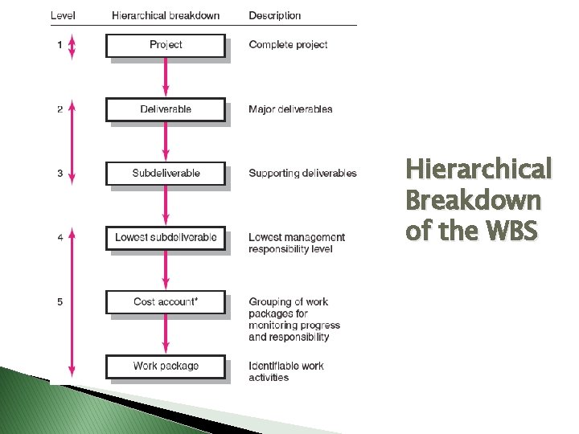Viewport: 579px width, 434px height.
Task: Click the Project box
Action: tap(166, 45)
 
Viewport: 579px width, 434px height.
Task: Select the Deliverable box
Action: tap(166, 109)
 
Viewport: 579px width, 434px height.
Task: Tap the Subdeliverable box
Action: tap(166, 174)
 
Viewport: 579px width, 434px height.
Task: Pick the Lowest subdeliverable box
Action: tap(166, 238)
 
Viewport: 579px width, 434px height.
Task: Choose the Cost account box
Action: tap(166, 302)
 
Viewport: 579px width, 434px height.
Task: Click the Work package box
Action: tap(166, 366)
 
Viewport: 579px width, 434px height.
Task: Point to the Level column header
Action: tap(64, 15)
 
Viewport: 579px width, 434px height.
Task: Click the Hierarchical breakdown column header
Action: tap(166, 15)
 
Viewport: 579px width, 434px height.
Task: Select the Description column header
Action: tap(275, 15)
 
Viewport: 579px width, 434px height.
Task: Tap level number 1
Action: tap(60, 45)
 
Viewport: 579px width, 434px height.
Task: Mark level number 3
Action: tap(60, 174)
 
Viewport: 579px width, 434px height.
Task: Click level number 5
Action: tap(60, 302)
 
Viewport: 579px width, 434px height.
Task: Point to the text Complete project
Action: tap(288, 45)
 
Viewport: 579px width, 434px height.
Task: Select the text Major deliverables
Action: tap(290, 109)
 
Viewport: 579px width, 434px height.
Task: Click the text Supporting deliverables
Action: tap(302, 174)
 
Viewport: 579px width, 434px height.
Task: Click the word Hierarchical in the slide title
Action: tap(478, 170)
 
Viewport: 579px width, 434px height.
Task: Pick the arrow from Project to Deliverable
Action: tap(166, 78)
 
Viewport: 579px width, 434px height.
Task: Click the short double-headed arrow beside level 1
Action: tap(72, 45)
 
